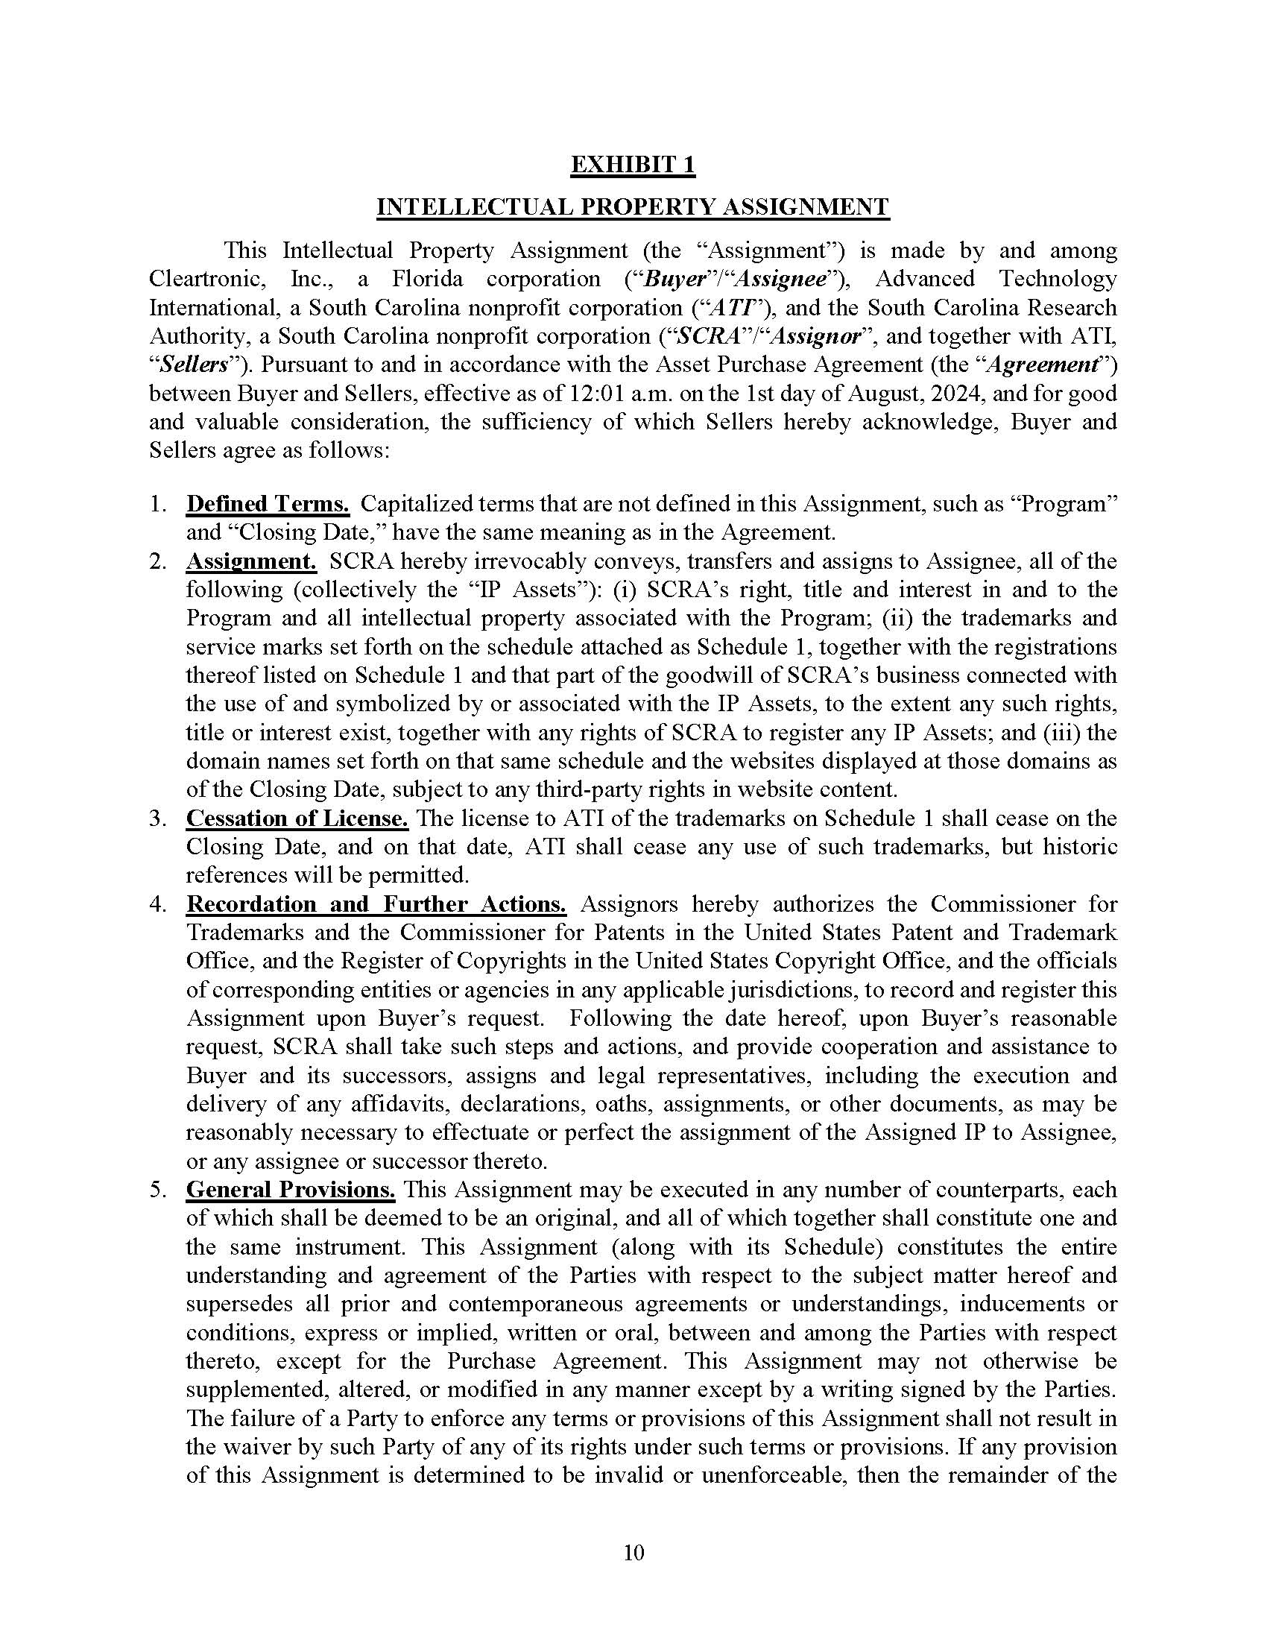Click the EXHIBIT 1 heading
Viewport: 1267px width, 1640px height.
coord(633,165)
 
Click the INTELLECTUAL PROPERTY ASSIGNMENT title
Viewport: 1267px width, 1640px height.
coord(633,207)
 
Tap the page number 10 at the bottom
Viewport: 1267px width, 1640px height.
coord(633,1552)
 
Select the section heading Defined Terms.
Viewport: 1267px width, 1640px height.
coord(268,504)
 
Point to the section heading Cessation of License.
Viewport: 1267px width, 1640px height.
coord(297,819)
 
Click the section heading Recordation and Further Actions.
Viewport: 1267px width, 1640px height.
coord(376,904)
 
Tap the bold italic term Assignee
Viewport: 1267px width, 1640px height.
coord(780,280)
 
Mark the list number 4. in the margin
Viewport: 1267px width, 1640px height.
coord(157,904)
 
